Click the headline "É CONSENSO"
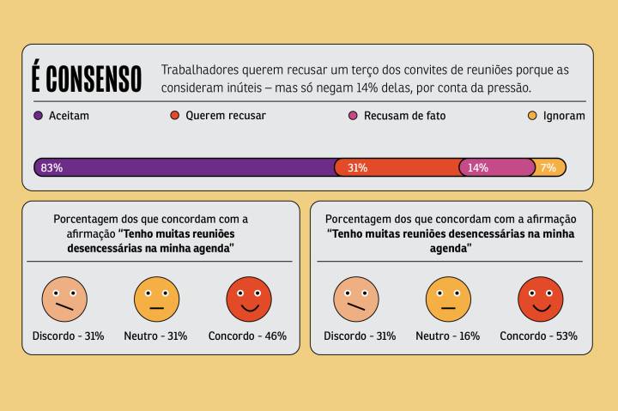coord(87,78)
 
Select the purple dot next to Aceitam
coord(38,115)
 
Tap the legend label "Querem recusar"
coord(225,115)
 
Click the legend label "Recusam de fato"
coord(404,115)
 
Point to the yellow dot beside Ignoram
coord(531,115)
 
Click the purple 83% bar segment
coord(184,167)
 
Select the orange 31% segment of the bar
coord(397,167)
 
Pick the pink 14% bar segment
coord(497,167)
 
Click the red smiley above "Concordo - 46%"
coord(248,299)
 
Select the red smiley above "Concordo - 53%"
coord(540,299)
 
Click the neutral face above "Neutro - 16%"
coord(448,299)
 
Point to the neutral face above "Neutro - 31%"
coord(156,299)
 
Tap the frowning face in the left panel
coord(64,299)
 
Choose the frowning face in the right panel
coord(356,299)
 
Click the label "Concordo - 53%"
coord(539,335)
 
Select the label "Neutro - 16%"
coord(447,335)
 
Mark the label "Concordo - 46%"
coord(247,335)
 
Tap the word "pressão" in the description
coord(511,88)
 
